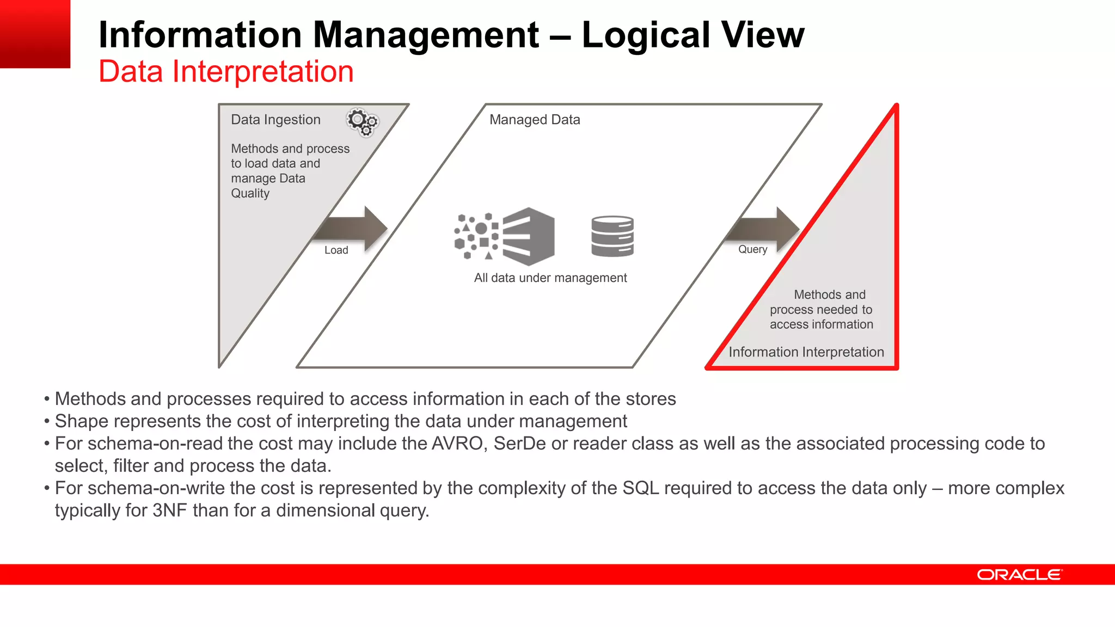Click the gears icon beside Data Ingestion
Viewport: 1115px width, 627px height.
click(x=363, y=121)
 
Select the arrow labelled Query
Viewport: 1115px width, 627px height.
click(x=765, y=228)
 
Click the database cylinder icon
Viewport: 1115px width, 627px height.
click(x=612, y=236)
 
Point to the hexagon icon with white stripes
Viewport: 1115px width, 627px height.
click(x=528, y=236)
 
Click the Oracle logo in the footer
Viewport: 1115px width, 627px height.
click(x=1019, y=575)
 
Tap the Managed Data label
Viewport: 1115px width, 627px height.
click(x=535, y=120)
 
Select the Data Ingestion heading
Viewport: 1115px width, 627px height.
click(x=275, y=120)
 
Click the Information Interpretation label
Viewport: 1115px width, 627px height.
click(x=806, y=352)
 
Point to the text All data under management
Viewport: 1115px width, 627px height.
click(x=550, y=278)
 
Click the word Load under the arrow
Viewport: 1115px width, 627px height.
click(x=336, y=250)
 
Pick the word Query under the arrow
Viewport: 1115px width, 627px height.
click(x=752, y=249)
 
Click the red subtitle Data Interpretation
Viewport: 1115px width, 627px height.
click(x=226, y=71)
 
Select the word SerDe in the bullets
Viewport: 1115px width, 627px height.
click(x=519, y=444)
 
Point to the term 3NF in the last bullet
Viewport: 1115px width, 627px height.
click(x=170, y=511)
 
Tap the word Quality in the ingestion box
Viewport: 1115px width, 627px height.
click(x=250, y=193)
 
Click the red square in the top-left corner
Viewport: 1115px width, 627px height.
click(x=35, y=34)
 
